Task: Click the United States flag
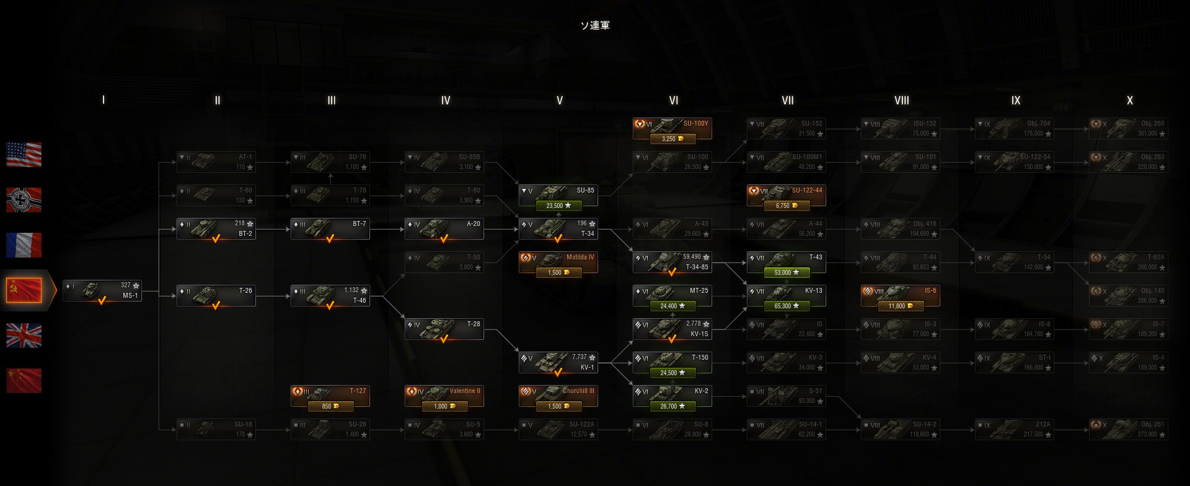point(24,155)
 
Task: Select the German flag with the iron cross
point(24,200)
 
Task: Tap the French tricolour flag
point(24,245)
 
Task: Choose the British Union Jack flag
point(24,335)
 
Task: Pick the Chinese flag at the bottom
point(24,380)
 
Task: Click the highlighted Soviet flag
point(24,290)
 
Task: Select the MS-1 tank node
point(102,290)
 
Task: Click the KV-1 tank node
point(558,362)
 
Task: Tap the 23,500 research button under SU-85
point(558,206)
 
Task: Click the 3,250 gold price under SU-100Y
point(672,139)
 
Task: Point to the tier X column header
point(1129,100)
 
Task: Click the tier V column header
point(559,100)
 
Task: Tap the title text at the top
point(595,25)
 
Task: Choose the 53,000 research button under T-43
point(787,272)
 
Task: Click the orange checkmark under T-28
point(444,339)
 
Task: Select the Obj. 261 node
point(1128,429)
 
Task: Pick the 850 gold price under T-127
point(330,406)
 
